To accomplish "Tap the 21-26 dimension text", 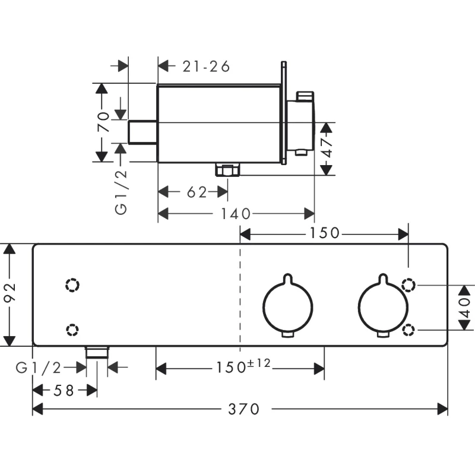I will pos(206,66).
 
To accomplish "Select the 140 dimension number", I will pos(236,214).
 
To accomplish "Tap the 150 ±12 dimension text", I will pos(242,368).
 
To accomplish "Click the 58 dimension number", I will pos(62,390).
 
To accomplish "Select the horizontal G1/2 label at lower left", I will pos(39,368).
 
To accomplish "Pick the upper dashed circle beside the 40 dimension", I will pos(408,285).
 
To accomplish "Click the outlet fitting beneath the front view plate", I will pos(97,352).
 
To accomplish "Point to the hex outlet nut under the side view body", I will pos(227,171).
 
